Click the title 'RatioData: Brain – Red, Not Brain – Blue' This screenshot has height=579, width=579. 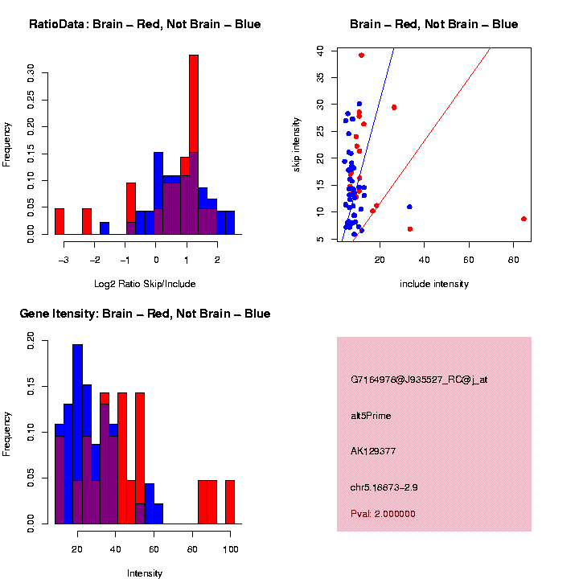pos(145,24)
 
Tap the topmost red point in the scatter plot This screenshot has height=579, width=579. pos(362,55)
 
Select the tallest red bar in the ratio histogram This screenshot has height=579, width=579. pos(193,145)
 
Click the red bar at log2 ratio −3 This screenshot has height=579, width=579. pos(60,221)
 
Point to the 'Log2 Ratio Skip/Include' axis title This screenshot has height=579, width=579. pos(145,283)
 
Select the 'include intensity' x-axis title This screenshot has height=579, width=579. pos(434,283)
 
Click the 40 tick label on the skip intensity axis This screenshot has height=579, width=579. pos(320,50)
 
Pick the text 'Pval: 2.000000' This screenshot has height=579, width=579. pos(383,514)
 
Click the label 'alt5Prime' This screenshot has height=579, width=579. pos(371,416)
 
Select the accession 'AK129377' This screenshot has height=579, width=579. pos(373,451)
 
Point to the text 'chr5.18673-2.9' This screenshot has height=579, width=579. pos(384,487)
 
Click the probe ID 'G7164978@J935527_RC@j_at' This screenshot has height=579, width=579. pos(418,380)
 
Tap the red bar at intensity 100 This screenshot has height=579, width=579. pos(230,502)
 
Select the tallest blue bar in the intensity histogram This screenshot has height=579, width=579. pos(78,434)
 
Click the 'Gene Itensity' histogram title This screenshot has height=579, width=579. pos(145,314)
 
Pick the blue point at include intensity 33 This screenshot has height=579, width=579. pos(409,207)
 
